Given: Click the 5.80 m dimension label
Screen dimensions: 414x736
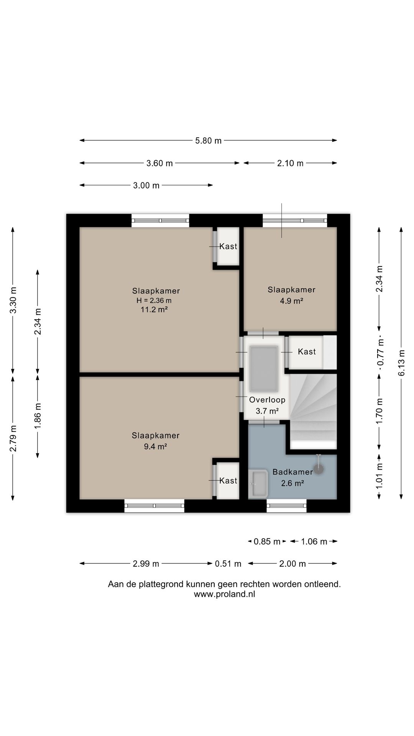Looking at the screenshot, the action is point(209,141).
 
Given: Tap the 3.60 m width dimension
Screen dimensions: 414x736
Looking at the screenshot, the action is point(159,163).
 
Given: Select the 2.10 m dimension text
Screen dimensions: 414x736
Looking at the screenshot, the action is point(290,163).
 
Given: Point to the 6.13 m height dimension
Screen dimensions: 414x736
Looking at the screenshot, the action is point(401,363).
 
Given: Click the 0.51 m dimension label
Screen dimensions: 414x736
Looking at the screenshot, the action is point(228,563).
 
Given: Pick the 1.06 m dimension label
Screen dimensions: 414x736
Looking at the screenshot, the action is point(314,541).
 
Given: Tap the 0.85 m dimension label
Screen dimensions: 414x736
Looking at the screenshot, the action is point(267,541).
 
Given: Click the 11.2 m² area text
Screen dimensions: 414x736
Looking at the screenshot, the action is point(154,309).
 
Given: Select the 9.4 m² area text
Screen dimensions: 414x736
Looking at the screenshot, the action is point(155,446).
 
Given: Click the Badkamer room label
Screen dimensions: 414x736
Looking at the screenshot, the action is point(292,472).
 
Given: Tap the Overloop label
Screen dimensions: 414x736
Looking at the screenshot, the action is point(267,400).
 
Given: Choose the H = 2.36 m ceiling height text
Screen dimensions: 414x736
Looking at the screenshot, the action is point(154,301).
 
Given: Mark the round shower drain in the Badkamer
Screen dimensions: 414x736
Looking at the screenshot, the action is point(319,469).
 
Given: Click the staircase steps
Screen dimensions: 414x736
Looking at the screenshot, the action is point(313,411).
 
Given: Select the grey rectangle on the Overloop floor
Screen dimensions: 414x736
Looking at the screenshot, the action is point(264,369).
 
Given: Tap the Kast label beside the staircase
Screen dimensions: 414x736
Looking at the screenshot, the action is point(307,352).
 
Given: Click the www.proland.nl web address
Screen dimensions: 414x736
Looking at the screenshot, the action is point(224,594).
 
